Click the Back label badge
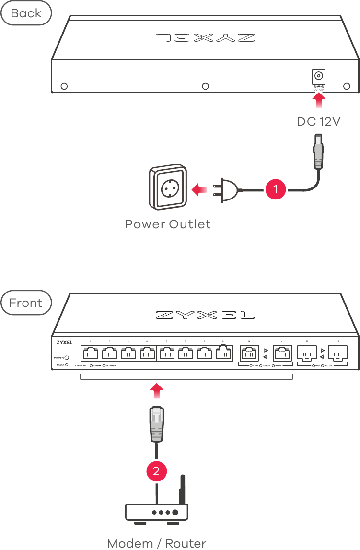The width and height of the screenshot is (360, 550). pyautogui.click(x=26, y=13)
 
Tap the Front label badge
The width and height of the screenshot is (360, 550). pyautogui.click(x=26, y=303)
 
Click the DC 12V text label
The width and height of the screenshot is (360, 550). pyautogui.click(x=318, y=122)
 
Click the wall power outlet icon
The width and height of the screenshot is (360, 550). pyautogui.click(x=167, y=188)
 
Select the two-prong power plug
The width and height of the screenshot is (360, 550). pyautogui.click(x=228, y=189)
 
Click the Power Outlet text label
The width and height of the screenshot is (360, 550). pyautogui.click(x=167, y=224)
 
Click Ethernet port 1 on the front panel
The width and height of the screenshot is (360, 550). pyautogui.click(x=90, y=354)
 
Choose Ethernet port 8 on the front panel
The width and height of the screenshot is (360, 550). pyautogui.click(x=223, y=354)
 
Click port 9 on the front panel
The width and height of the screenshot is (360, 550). pyautogui.click(x=249, y=354)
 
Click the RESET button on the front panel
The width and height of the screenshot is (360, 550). pyautogui.click(x=67, y=365)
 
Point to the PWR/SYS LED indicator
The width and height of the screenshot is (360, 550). pyautogui.click(x=67, y=357)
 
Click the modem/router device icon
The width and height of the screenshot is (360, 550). pyautogui.click(x=157, y=511)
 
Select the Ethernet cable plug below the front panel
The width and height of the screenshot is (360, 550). pyautogui.click(x=157, y=424)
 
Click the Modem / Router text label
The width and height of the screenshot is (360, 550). pyautogui.click(x=157, y=543)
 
